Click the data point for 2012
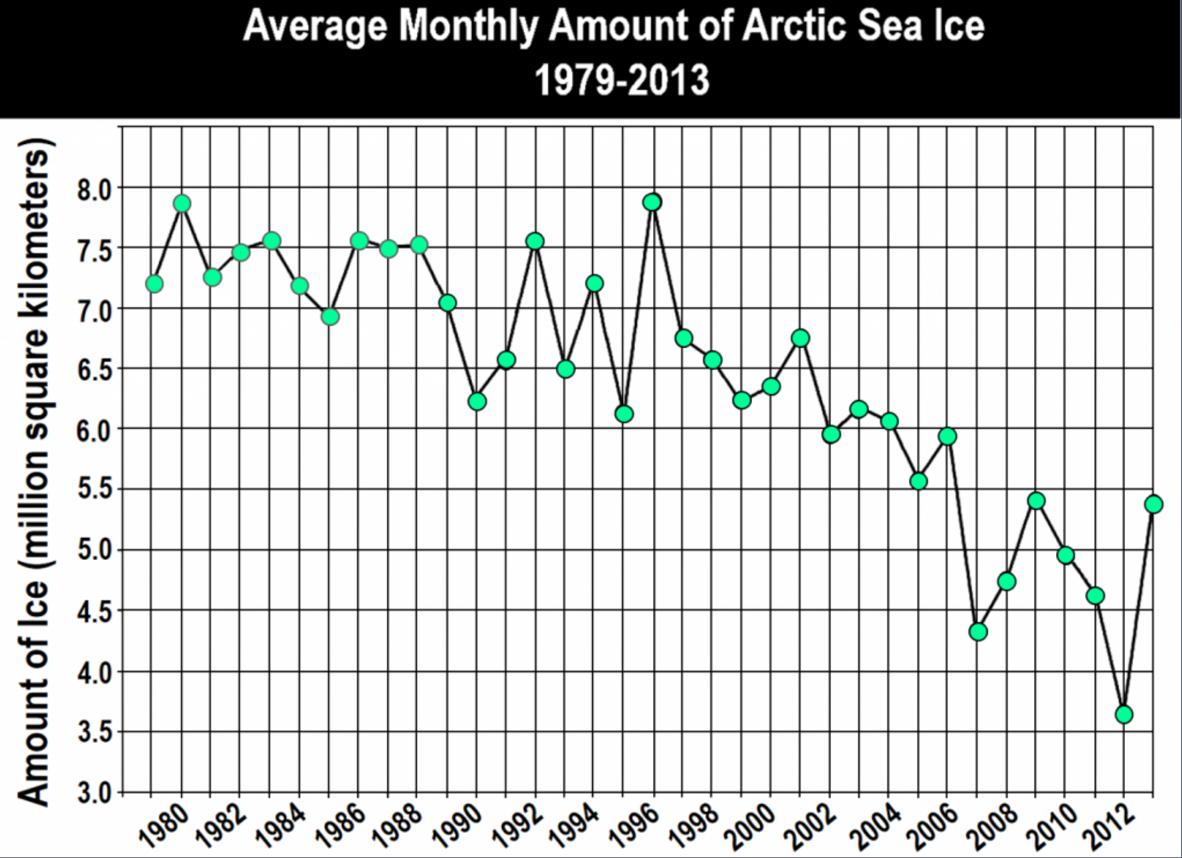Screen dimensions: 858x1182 click(x=1124, y=714)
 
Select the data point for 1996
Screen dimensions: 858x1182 click(x=652, y=202)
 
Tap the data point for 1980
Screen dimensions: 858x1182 click(x=182, y=204)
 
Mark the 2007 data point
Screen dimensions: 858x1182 click(x=978, y=631)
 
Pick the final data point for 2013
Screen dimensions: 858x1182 click(x=1153, y=504)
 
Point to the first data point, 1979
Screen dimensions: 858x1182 click(x=154, y=284)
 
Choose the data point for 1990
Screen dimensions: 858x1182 click(x=477, y=401)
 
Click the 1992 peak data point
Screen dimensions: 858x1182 click(x=535, y=241)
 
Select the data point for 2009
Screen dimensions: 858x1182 click(x=1036, y=500)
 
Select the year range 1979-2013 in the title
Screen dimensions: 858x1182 click(x=621, y=80)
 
